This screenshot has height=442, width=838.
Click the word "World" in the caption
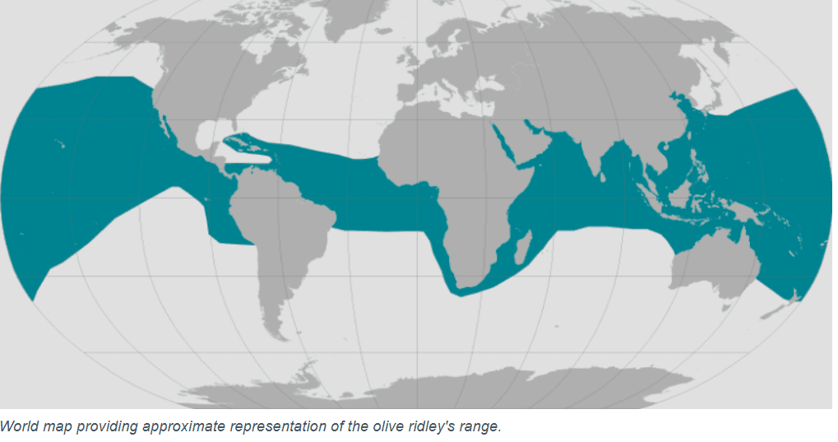pos(18,426)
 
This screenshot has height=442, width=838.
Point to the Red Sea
pos(502,141)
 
